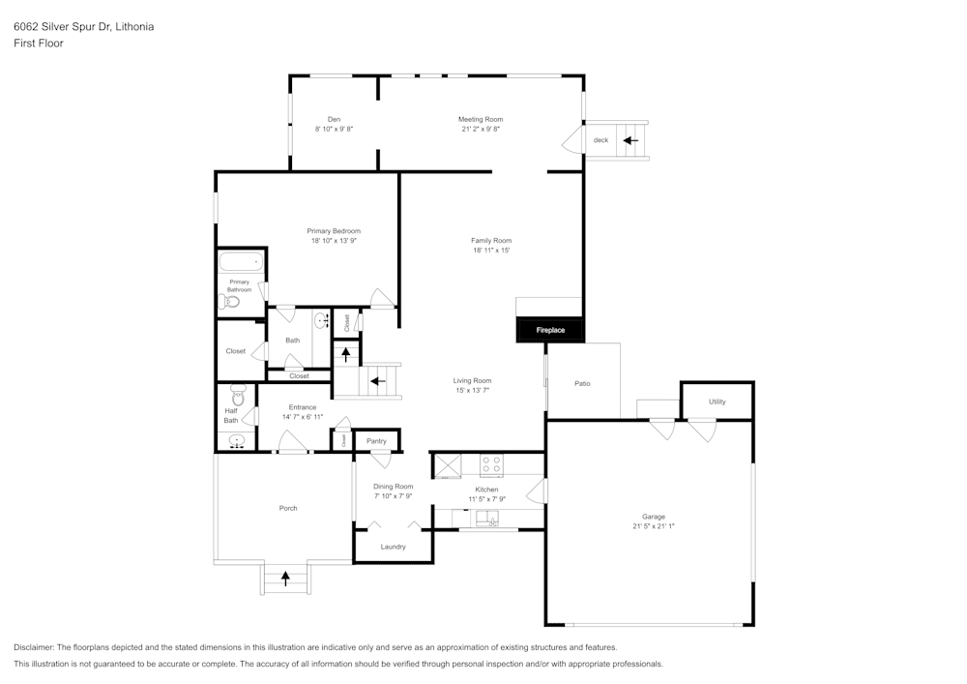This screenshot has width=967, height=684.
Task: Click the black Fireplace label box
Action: (x=549, y=330)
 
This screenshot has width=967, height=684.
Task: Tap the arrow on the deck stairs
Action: (x=630, y=140)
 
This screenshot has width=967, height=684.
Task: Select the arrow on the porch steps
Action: (x=285, y=579)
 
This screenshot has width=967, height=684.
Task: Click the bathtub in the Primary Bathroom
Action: (x=240, y=262)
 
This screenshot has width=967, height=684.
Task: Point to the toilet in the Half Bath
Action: (x=238, y=394)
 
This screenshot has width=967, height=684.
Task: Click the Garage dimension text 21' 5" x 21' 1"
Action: (x=653, y=527)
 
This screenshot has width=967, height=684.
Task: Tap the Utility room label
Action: (x=717, y=401)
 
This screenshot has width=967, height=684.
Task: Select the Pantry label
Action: (x=376, y=441)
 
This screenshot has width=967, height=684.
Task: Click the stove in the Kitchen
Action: (x=491, y=465)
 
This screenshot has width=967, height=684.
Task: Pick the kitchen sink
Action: (x=491, y=521)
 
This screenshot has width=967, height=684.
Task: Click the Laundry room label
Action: (x=393, y=547)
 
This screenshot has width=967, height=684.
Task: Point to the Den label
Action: (x=334, y=119)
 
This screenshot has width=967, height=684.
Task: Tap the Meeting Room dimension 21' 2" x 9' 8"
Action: (x=481, y=129)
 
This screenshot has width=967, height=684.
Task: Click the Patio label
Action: (x=582, y=384)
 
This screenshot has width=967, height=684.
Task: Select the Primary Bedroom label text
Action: (x=334, y=230)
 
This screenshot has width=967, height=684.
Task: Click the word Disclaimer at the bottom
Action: (x=34, y=647)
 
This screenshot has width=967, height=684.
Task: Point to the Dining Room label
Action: (x=394, y=487)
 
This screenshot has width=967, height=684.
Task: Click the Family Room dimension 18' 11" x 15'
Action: (x=491, y=250)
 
